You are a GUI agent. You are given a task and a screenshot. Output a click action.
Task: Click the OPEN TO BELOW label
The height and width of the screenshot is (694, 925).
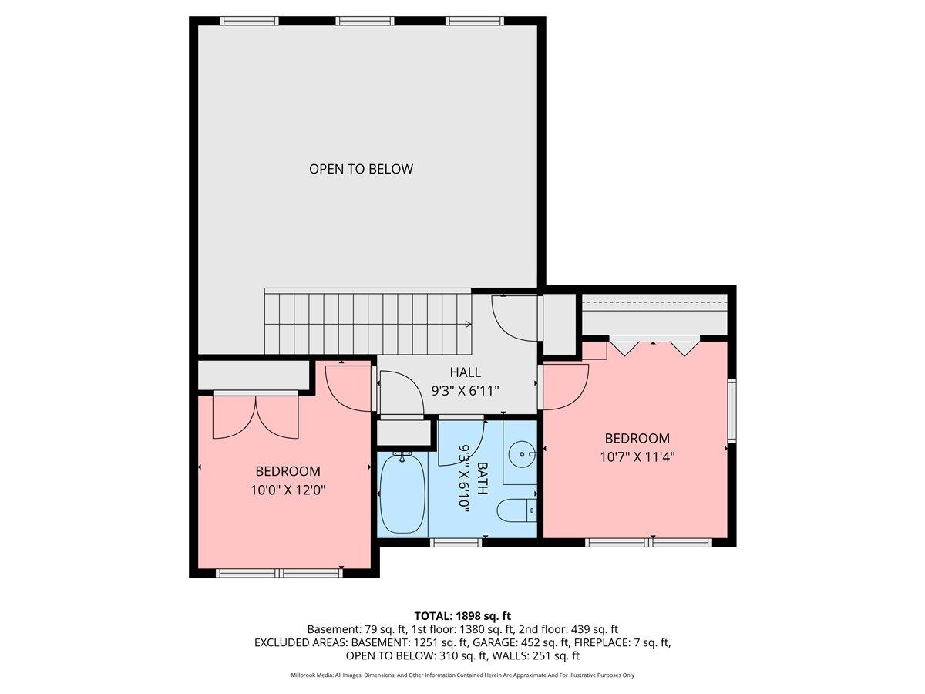(x=361, y=169)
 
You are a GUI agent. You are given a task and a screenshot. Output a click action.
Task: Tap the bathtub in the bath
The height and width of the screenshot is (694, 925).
(x=403, y=494)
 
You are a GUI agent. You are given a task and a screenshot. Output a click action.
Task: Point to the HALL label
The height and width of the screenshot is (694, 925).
(x=466, y=372)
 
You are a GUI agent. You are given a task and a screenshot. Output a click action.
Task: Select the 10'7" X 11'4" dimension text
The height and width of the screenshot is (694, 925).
(x=637, y=456)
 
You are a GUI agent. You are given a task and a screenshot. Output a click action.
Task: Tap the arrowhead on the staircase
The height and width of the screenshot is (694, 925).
(x=468, y=325)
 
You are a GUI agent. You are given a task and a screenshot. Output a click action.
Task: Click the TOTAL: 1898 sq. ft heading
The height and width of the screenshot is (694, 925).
(x=462, y=615)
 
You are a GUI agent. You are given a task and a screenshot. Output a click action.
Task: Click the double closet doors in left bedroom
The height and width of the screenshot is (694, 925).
(x=255, y=416)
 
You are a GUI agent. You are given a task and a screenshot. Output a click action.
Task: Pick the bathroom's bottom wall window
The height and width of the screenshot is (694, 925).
(x=456, y=542)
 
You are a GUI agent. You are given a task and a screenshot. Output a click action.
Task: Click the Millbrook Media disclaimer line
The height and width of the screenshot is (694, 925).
(x=462, y=675)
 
